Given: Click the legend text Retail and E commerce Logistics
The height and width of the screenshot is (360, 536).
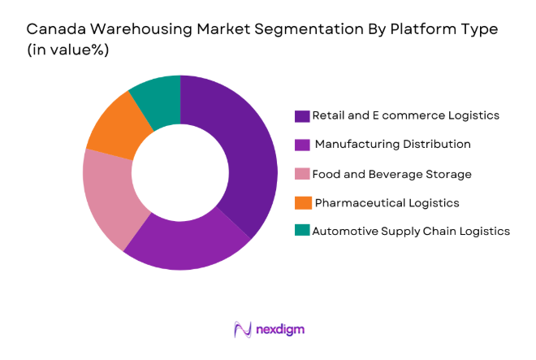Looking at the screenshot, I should click(406, 115).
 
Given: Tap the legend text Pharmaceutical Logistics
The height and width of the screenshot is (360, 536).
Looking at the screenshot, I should click(387, 202).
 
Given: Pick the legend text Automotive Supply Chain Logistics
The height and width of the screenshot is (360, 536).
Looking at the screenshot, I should click(411, 231).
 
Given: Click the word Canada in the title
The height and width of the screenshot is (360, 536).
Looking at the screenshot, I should click(54, 29).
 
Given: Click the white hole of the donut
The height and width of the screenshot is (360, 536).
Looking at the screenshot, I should click(179, 173).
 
